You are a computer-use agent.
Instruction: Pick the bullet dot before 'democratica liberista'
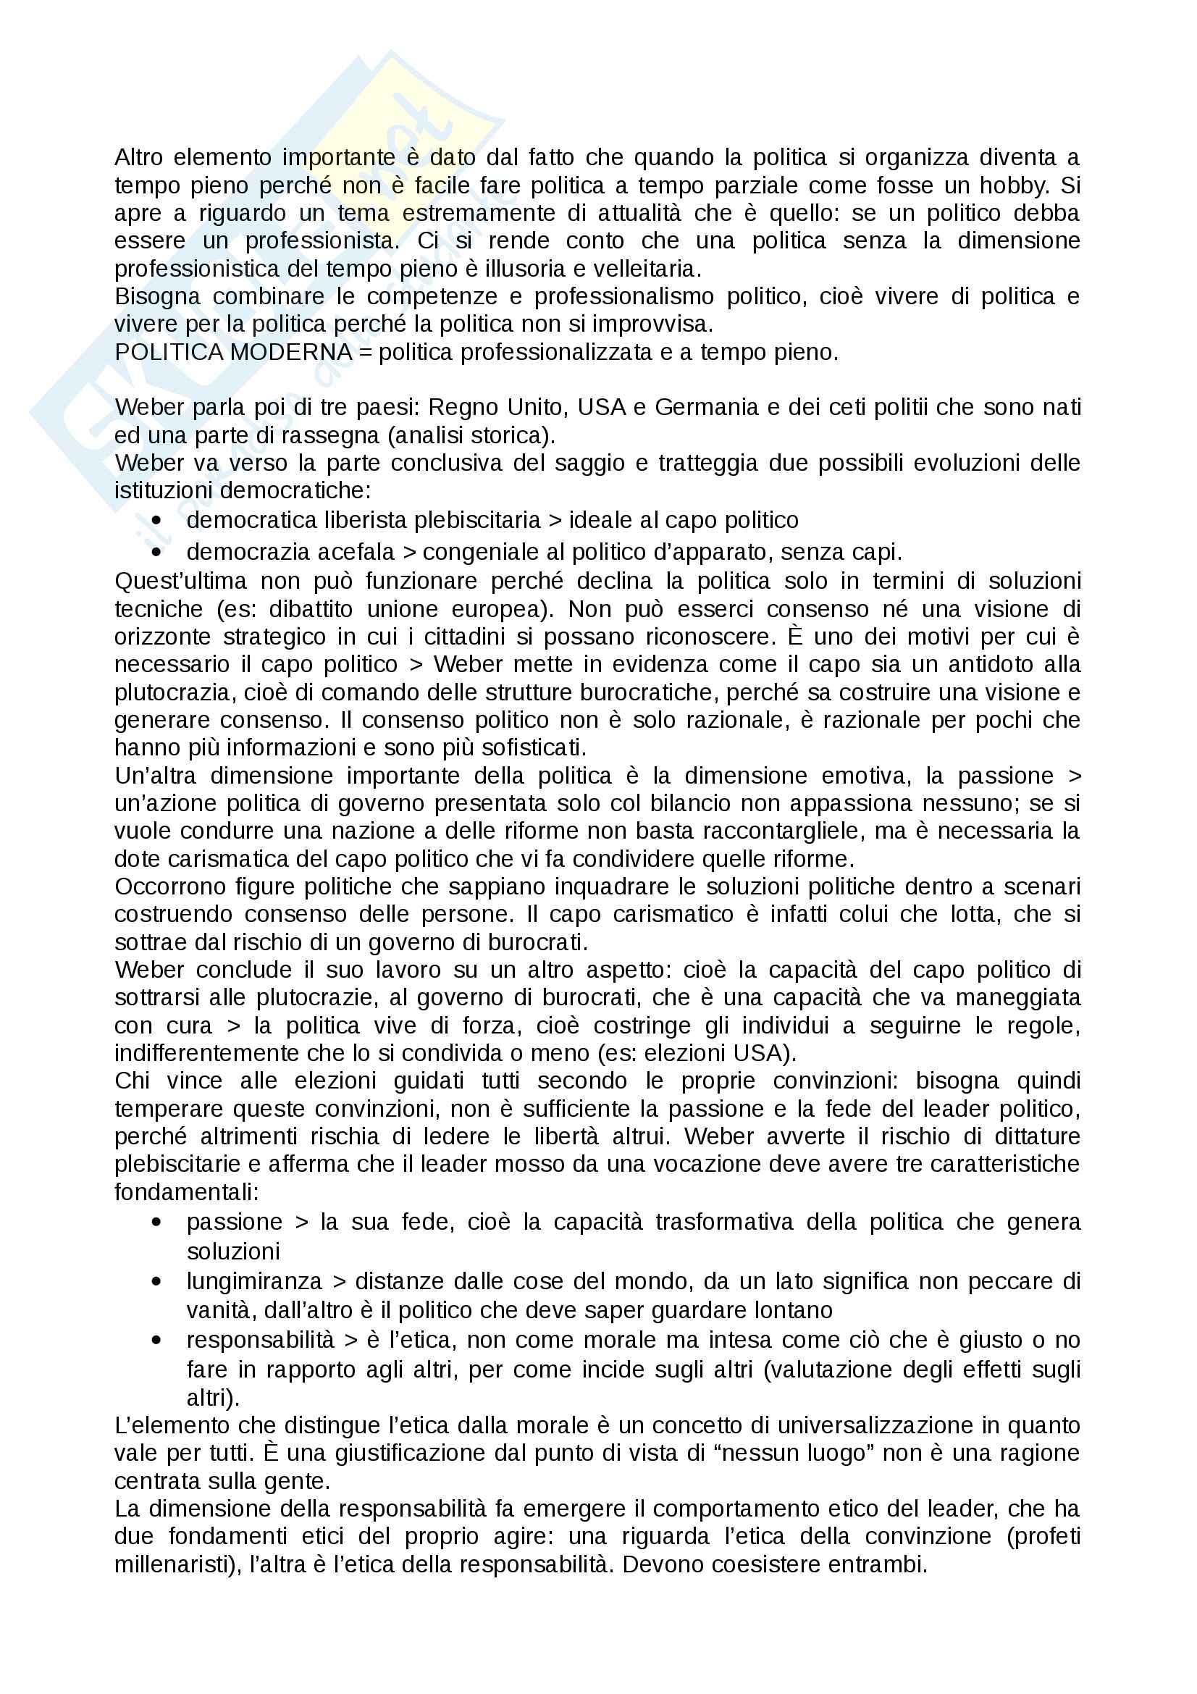(x=156, y=520)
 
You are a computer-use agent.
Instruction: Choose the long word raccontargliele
(x=784, y=831)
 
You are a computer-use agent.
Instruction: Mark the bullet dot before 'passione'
(x=156, y=1222)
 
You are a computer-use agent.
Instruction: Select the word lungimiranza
(x=254, y=1281)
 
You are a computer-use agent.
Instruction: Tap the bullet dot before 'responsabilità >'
(x=156, y=1340)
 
